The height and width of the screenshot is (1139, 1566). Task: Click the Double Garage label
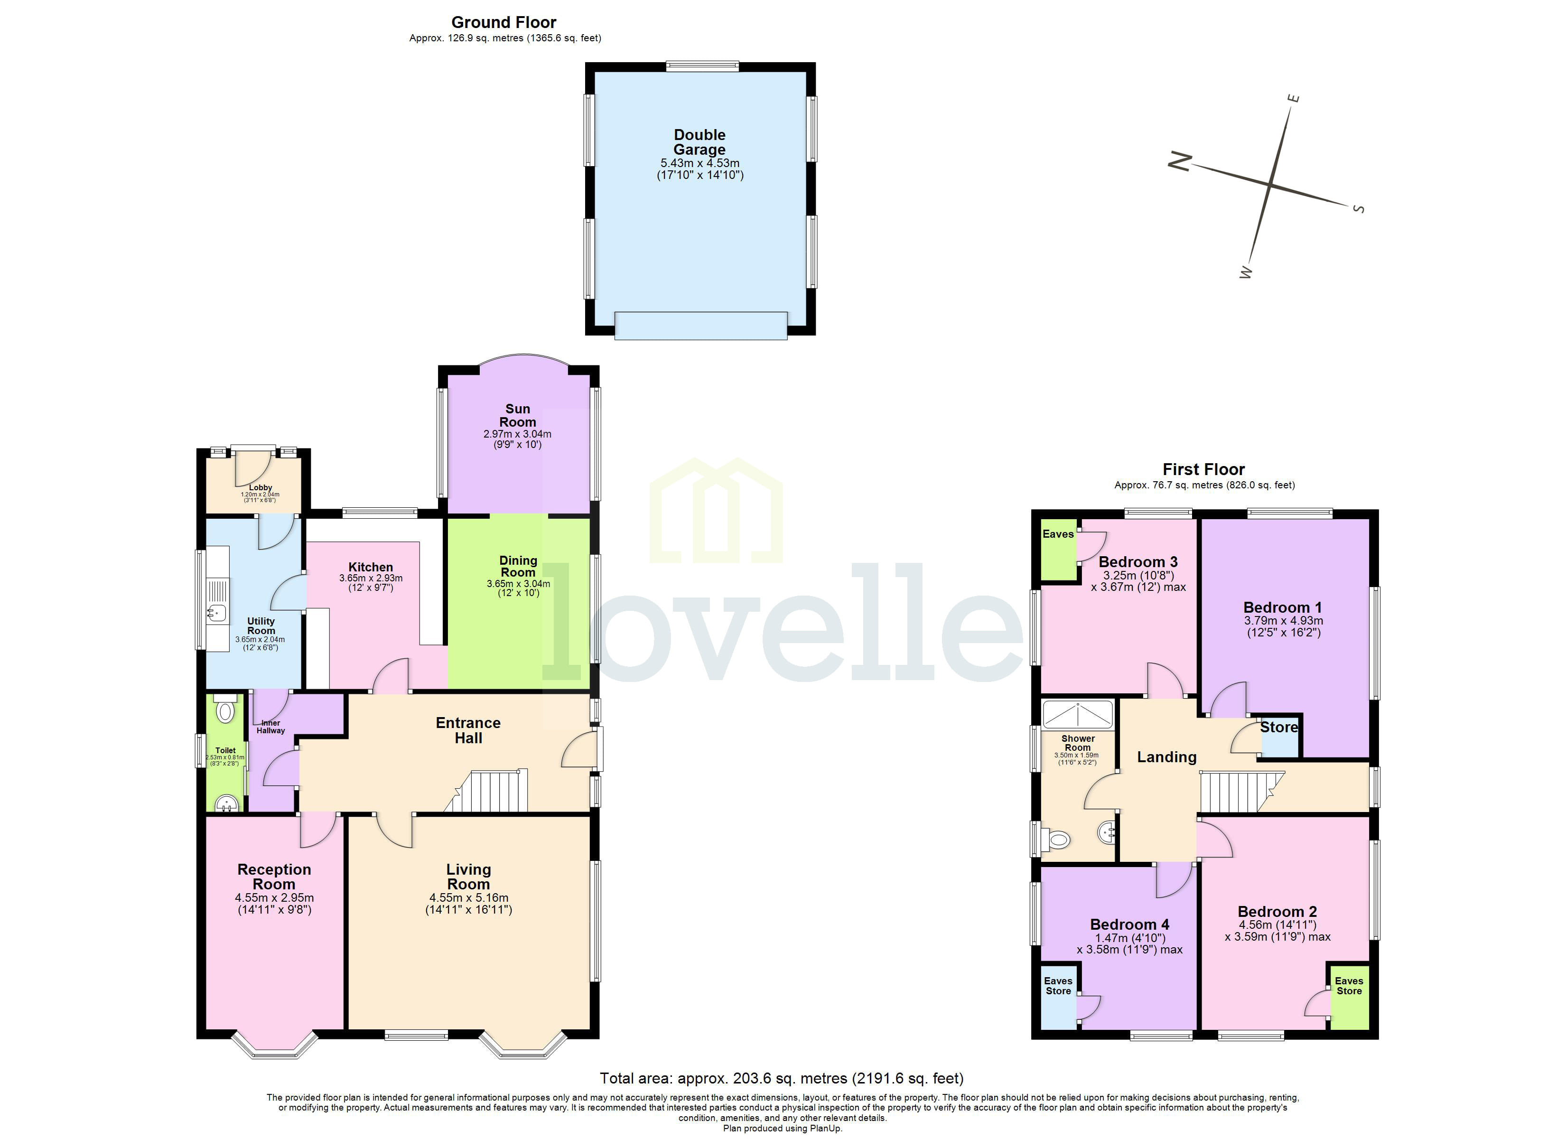699,142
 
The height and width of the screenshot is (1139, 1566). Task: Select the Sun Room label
517,415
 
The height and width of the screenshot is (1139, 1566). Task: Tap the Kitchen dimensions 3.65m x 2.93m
371,578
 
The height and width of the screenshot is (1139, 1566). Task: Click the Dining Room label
518,566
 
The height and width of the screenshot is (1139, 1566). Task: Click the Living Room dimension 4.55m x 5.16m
469,898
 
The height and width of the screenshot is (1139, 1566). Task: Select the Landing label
1167,757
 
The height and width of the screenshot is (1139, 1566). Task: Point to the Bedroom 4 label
1129,924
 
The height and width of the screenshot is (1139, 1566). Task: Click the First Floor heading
1203,470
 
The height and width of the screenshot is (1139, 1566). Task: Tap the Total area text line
781,1079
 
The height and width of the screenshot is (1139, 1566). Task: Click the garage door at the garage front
700,326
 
